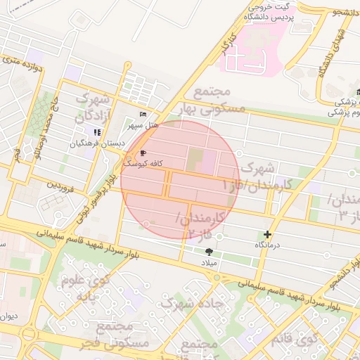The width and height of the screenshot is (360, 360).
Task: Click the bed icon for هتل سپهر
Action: pyautogui.click(x=143, y=114)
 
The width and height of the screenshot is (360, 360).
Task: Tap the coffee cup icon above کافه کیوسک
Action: pyautogui.click(x=143, y=153)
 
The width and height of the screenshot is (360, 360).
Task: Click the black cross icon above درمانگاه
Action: pyautogui.click(x=267, y=234)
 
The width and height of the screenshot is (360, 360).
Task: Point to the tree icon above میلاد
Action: pyautogui.click(x=209, y=251)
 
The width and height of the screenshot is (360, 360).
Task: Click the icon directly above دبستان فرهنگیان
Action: pyautogui.click(x=97, y=132)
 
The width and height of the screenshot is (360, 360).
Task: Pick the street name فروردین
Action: pyautogui.click(x=60, y=186)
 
